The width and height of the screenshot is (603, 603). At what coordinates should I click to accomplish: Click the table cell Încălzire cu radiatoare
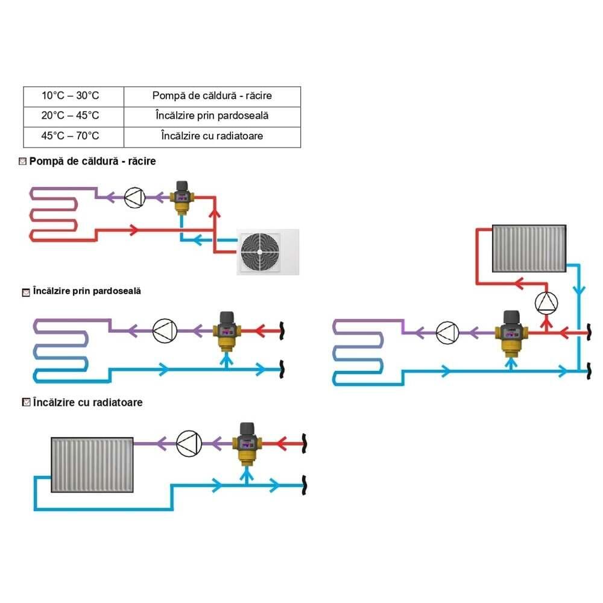click(212, 137)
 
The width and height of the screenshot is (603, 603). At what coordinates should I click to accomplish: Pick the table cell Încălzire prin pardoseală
click(212, 116)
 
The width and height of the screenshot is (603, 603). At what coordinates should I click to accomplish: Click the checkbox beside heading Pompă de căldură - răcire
click(23, 162)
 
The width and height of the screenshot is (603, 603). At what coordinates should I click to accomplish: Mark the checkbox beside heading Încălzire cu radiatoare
click(25, 402)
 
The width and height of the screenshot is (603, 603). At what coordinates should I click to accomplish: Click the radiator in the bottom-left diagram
click(92, 464)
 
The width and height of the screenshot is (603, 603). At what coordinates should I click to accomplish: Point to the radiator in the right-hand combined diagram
click(529, 248)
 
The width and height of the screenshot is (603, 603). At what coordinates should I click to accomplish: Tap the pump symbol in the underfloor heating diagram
click(165, 330)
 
